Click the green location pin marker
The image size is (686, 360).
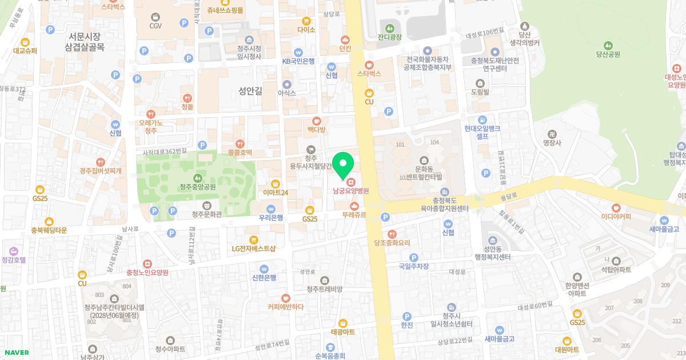[x=343, y=166]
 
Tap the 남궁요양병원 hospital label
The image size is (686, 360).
[x=351, y=191]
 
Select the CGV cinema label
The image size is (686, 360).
[x=155, y=25]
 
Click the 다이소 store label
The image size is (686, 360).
[x=306, y=29]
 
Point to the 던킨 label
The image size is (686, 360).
[x=345, y=49]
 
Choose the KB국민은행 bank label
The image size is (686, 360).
[x=298, y=61]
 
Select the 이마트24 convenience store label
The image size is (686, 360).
[x=276, y=193]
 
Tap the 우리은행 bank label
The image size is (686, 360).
[x=272, y=217]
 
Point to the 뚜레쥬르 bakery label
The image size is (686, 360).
[x=354, y=215]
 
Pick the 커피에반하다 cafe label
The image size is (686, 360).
[x=285, y=306]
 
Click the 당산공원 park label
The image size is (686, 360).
[x=608, y=54]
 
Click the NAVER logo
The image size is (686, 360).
[x=15, y=353]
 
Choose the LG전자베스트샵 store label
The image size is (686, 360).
[x=254, y=248]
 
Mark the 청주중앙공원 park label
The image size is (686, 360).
[x=198, y=186]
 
